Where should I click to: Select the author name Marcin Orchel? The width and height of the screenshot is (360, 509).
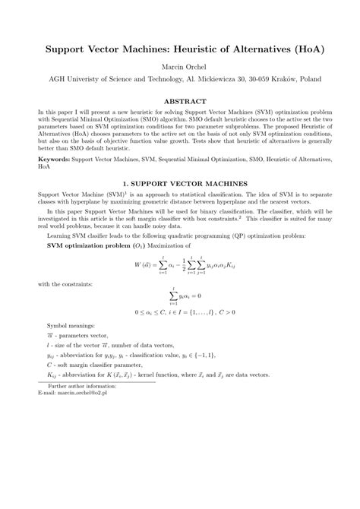click(180, 67)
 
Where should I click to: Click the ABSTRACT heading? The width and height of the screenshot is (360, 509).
click(180, 100)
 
